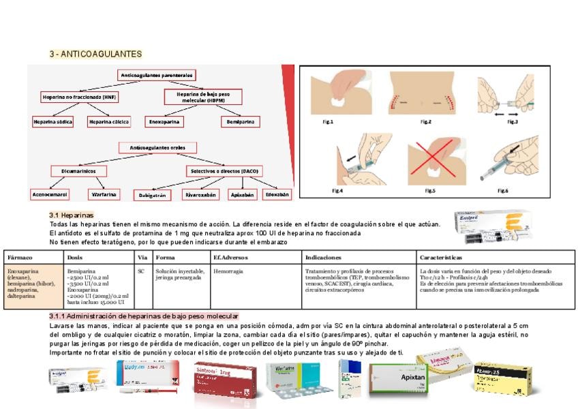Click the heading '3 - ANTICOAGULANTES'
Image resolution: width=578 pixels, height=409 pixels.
[95, 54]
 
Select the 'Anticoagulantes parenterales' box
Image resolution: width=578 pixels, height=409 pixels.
[157, 75]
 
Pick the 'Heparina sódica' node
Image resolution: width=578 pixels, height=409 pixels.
[52, 122]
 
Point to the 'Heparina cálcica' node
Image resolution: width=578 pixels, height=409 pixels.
[109, 122]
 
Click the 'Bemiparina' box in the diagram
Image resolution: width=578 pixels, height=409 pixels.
[240, 122]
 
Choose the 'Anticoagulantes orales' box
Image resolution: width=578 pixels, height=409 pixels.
[157, 147]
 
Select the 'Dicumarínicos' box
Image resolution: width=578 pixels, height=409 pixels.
[78, 171]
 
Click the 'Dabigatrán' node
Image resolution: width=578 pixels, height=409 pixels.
[152, 195]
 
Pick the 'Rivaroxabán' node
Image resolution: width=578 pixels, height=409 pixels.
[202, 195]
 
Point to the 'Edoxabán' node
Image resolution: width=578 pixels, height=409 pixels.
[277, 194]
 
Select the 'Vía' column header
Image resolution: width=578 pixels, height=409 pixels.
[142, 258]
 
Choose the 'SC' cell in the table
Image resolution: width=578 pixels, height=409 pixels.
[141, 270]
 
